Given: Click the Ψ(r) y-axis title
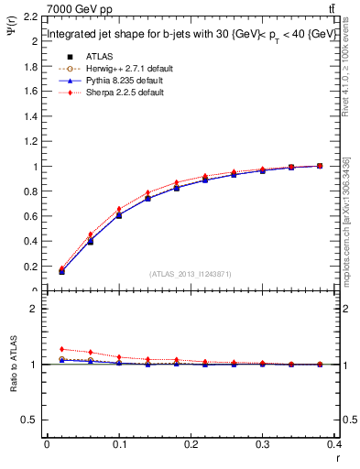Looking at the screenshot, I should [16, 31].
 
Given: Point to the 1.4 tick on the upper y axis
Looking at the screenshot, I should [31, 117].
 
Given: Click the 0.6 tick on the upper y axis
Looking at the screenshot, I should [31, 217].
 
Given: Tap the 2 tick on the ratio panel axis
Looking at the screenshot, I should [35, 309].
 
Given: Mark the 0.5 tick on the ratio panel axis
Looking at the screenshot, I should [31, 420].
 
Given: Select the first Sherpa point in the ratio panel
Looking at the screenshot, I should [61, 349].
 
